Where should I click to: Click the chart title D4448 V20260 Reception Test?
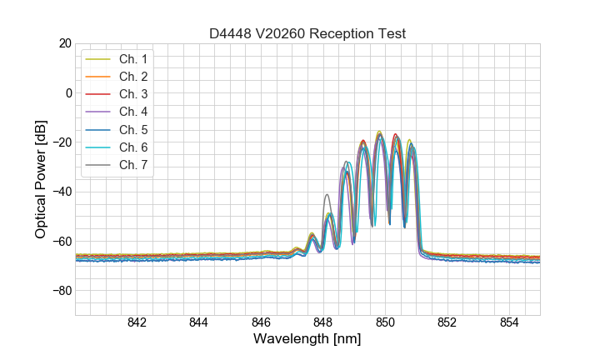coord(307,34)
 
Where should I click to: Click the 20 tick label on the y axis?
coord(64,43)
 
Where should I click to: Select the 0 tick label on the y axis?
coord(67,92)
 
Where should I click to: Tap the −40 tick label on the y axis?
coord(60,192)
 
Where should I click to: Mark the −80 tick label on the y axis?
coord(60,291)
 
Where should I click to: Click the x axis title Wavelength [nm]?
coord(307,340)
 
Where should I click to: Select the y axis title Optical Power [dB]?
coord(40,179)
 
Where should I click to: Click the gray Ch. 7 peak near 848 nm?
coord(327,195)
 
